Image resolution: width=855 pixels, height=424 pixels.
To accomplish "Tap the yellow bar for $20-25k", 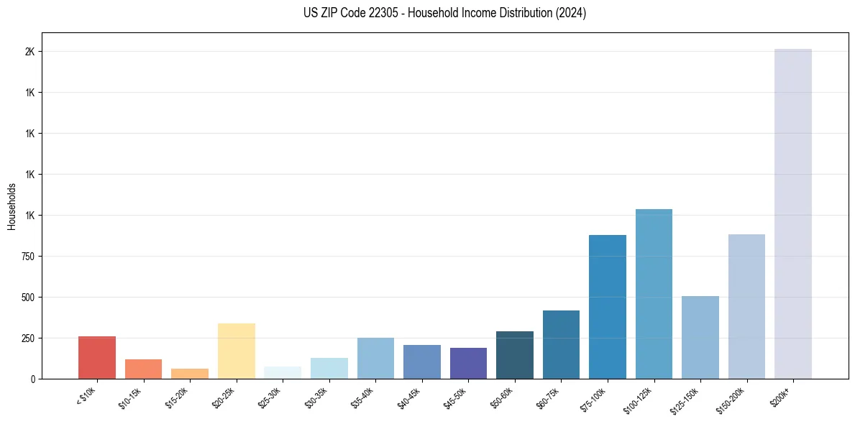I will coord(237,351).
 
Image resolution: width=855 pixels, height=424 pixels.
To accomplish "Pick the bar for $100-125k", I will coord(654,294).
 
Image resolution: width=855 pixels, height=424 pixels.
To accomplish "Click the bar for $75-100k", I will coord(607,307).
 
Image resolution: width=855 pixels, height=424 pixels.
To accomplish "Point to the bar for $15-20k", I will coord(190,374).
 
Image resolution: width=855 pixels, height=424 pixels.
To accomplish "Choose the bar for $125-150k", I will coord(700,337).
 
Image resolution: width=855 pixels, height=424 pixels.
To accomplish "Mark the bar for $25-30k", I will coord(283,372).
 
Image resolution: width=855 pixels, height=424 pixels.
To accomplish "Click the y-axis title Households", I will coord(12,206).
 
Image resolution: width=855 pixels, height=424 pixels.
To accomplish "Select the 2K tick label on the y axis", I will coord(29,52).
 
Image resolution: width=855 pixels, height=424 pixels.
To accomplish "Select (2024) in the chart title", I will coord(570,13).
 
